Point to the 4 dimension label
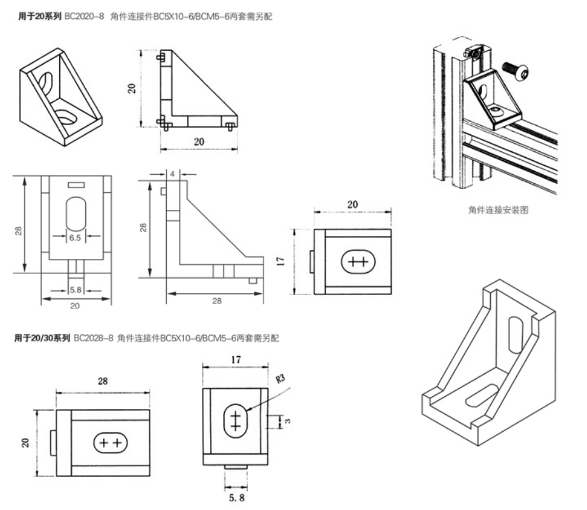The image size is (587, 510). pos(173,172)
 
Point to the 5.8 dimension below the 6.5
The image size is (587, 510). pos(75,290)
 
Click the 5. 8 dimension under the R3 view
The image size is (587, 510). pos(236,490)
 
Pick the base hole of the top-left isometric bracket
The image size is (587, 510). pos(66,115)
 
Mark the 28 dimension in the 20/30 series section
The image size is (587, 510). pos(103,382)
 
